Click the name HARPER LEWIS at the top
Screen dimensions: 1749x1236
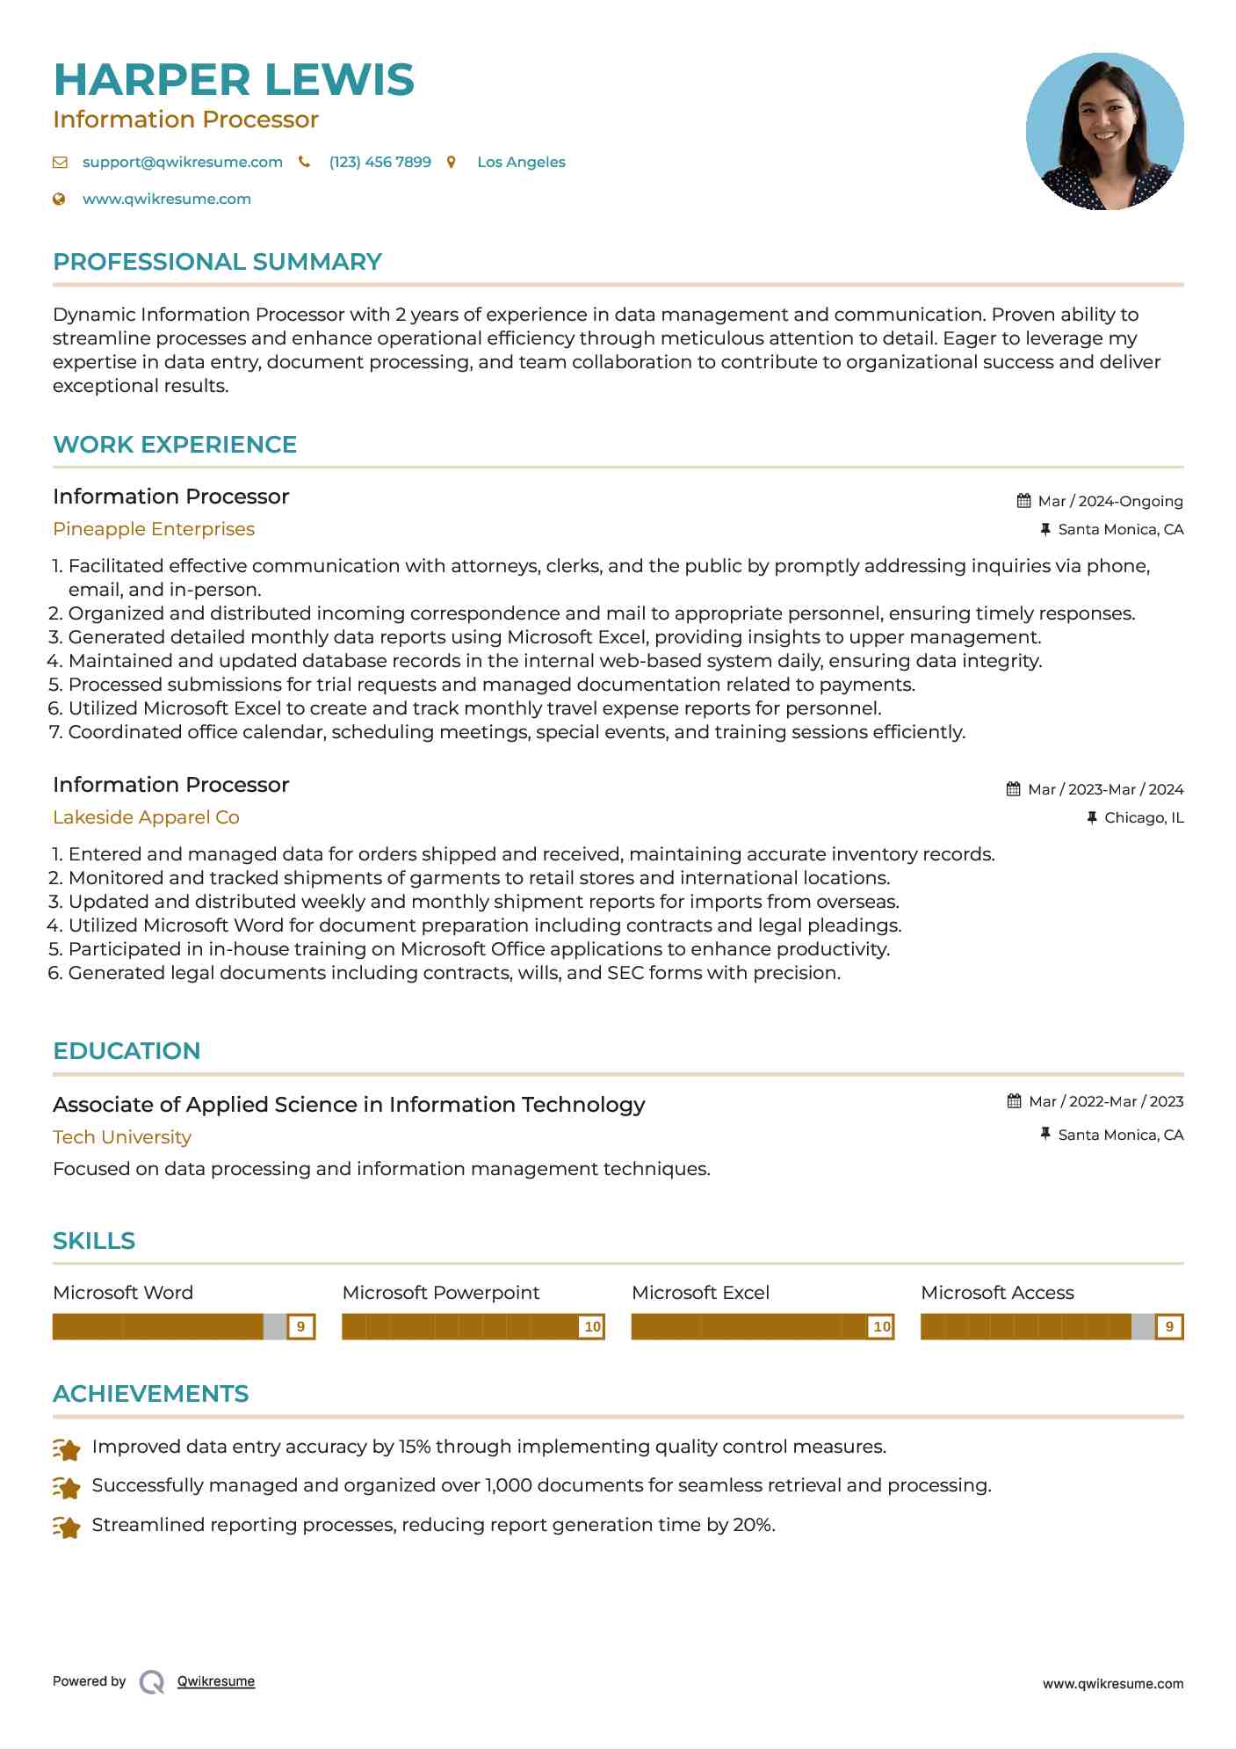click(x=233, y=80)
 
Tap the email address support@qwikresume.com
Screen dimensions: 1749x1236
click(x=182, y=162)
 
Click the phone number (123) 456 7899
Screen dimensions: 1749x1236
click(x=379, y=162)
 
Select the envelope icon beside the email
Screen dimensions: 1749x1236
click(x=60, y=162)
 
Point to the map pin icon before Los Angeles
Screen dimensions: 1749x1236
click(x=451, y=162)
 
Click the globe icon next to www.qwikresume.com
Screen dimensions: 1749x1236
click(x=59, y=200)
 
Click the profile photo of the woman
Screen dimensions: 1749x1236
click(x=1104, y=132)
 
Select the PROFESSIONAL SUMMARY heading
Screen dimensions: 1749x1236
click(x=217, y=262)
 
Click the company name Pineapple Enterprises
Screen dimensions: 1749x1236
click(x=154, y=529)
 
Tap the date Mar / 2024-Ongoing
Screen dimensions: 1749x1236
click(x=1110, y=501)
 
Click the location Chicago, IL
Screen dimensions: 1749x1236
click(x=1143, y=817)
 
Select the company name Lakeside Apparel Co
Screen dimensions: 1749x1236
click(x=146, y=817)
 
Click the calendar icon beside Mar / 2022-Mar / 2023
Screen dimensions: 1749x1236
click(x=1014, y=1101)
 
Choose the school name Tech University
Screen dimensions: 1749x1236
click(x=122, y=1137)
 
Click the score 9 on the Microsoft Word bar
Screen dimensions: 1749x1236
click(x=300, y=1326)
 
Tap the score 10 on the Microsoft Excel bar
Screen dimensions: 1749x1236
click(x=881, y=1326)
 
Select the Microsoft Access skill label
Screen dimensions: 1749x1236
click(x=997, y=1293)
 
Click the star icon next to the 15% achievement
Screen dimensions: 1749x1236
click(x=67, y=1448)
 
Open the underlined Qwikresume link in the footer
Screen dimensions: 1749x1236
click(x=216, y=1681)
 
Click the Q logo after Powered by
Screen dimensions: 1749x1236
click(x=152, y=1682)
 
